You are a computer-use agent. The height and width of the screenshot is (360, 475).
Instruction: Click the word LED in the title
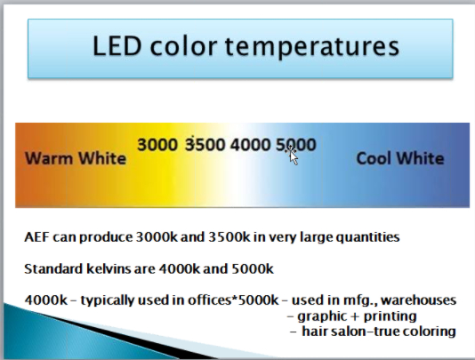click(117, 46)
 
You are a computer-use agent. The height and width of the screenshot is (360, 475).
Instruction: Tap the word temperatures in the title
click(312, 47)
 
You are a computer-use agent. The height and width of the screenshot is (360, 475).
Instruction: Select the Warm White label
click(76, 158)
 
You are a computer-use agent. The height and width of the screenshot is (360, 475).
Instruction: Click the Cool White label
click(400, 158)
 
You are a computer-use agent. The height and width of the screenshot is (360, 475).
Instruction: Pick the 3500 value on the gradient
click(205, 144)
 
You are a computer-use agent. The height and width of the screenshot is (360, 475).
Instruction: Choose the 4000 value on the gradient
click(250, 144)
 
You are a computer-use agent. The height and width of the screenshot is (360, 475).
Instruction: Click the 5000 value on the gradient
click(296, 144)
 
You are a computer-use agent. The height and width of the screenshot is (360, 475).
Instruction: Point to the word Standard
click(53, 268)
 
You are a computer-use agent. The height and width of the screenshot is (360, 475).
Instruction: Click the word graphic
click(322, 317)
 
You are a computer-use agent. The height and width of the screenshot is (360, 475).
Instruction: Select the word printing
click(390, 317)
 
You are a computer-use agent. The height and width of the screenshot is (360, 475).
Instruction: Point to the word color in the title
click(183, 47)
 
